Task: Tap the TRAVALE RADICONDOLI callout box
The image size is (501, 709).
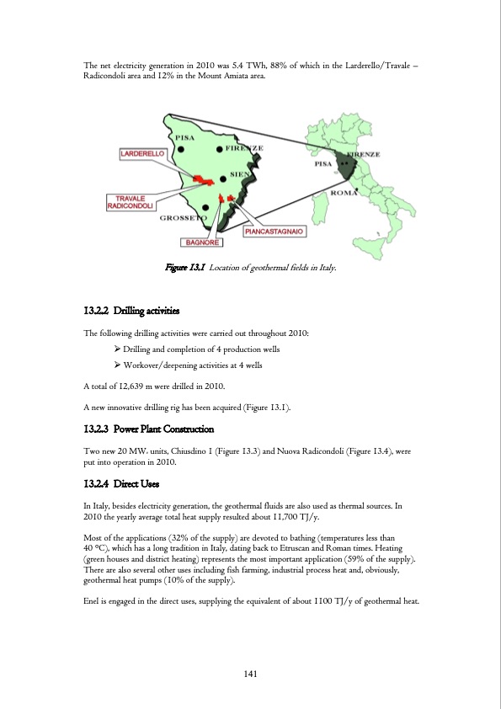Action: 130,203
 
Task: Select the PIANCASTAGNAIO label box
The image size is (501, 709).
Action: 274,230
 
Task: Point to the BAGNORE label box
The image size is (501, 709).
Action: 204,243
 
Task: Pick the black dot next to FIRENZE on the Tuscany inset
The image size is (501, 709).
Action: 220,149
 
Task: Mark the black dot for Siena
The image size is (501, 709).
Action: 222,178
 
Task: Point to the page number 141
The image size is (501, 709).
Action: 250,672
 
